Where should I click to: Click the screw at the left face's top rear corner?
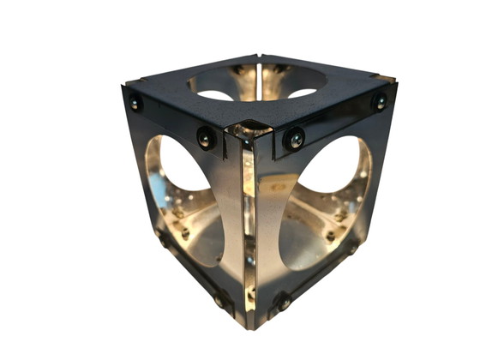click(135, 104)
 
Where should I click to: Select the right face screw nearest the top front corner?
click(295, 137)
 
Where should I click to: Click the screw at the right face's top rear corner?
click(379, 101)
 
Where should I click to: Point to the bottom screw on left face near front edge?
click(220, 301)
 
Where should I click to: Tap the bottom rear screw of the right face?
click(351, 249)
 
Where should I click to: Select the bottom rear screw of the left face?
click(162, 241)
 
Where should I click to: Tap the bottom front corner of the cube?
click(251, 324)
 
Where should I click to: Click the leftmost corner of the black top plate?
click(124, 85)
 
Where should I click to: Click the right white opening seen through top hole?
click(302, 92)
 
